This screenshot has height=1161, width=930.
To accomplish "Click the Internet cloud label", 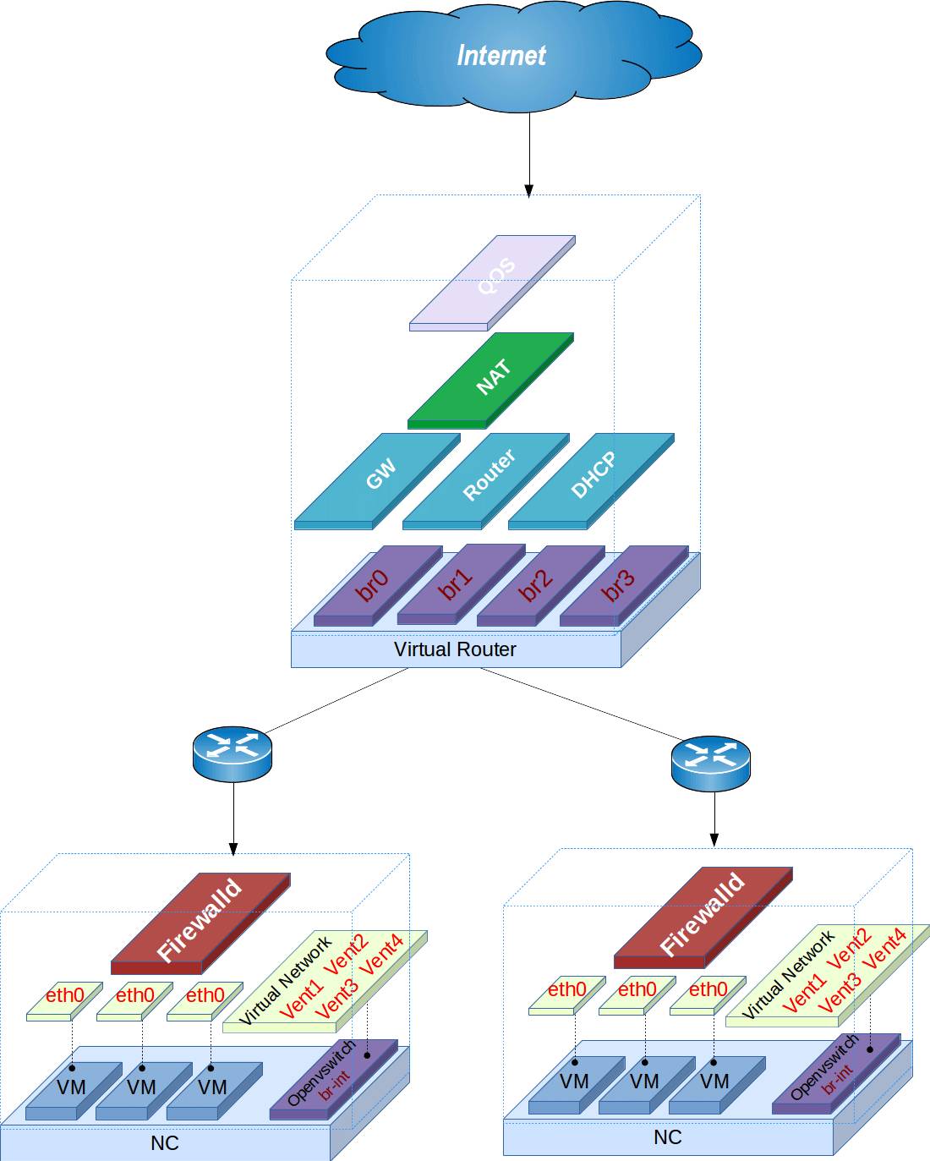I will [x=501, y=56].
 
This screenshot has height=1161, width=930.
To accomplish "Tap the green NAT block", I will [x=491, y=378].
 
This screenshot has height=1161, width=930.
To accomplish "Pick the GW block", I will [x=378, y=478].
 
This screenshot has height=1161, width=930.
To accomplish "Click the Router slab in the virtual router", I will [x=487, y=478].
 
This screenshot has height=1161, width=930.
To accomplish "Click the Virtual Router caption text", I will [x=455, y=649].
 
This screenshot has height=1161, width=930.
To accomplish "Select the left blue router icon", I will [x=232, y=753].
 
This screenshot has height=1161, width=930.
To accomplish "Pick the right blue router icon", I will [x=710, y=762].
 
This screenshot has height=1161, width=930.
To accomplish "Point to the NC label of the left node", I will [x=165, y=1143].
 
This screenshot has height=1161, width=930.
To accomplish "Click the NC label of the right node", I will [x=667, y=1137].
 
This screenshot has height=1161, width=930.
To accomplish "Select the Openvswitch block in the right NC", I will [x=835, y=1072].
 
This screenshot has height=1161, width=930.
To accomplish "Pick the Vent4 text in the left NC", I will [x=382, y=954].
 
